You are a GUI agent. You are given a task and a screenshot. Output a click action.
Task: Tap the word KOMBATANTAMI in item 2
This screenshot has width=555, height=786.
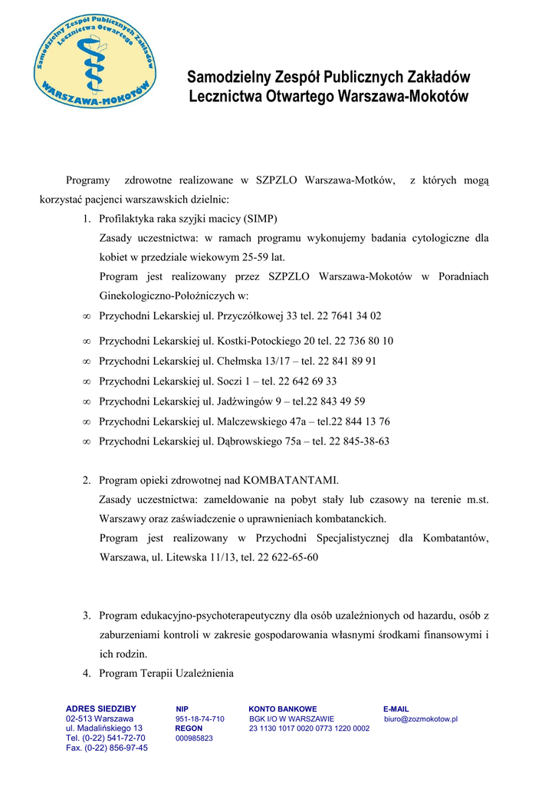pyautogui.click(x=291, y=481)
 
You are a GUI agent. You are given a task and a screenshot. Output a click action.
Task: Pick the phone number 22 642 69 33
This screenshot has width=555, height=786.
pyautogui.click(x=307, y=381)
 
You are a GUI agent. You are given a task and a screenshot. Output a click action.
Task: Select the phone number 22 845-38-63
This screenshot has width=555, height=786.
pyautogui.click(x=359, y=441)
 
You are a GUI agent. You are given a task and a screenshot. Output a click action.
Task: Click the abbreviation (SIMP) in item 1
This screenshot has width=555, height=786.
pyautogui.click(x=261, y=218)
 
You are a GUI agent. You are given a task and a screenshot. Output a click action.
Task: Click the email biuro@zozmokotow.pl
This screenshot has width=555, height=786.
pyautogui.click(x=421, y=718)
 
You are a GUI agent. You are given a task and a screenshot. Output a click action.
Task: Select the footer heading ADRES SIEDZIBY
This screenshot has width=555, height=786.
pyautogui.click(x=101, y=708)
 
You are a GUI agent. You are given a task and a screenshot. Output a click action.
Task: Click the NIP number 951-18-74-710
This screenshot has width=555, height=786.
pyautogui.click(x=199, y=718)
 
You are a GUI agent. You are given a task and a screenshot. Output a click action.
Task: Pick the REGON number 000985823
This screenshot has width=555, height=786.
pyautogui.click(x=194, y=738)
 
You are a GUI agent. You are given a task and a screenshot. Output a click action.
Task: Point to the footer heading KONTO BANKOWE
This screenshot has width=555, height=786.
pyautogui.click(x=283, y=708)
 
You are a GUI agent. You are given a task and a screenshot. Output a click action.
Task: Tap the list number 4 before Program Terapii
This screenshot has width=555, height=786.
pyautogui.click(x=87, y=674)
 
